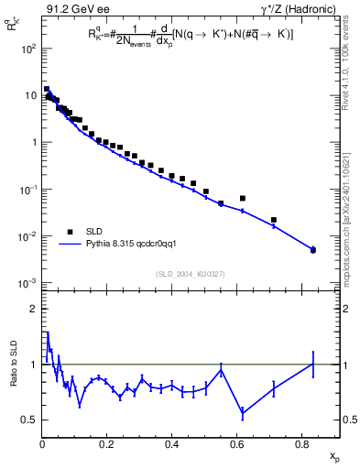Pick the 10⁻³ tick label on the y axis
(x=29, y=283)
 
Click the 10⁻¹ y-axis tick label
(x=29, y=189)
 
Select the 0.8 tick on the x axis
(x=302, y=442)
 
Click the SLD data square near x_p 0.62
(x=243, y=198)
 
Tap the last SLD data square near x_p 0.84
(x=313, y=250)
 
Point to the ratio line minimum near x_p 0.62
(x=243, y=414)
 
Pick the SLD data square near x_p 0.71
(x=274, y=220)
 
